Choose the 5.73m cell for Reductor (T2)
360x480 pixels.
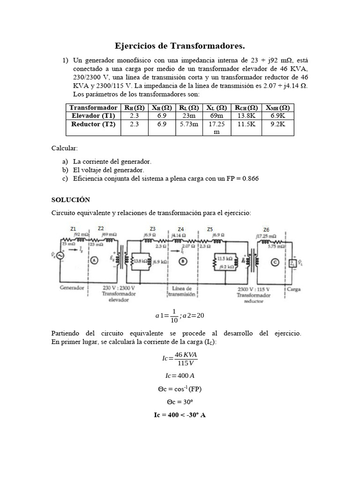tap(189, 124)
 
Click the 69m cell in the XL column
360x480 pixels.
tap(217, 115)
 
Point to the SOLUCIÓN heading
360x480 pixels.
tap(70, 199)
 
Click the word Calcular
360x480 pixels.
tap(64, 148)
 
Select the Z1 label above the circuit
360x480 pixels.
tap(73, 229)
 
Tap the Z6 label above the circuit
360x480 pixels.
tap(266, 230)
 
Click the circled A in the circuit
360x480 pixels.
tap(94, 262)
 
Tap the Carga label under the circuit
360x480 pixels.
tap(294, 289)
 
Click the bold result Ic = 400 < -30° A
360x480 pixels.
tap(180, 416)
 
